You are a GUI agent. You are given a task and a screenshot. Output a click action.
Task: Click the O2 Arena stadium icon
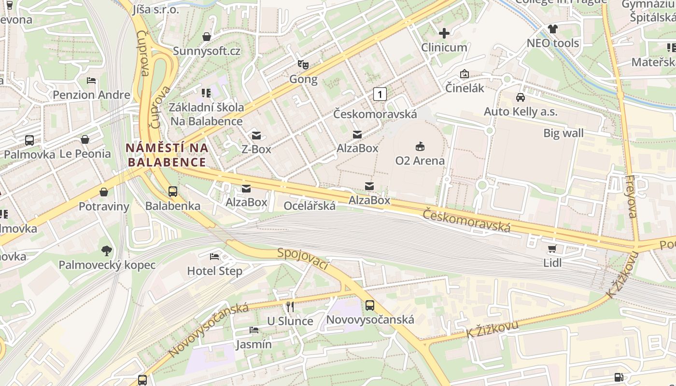420,146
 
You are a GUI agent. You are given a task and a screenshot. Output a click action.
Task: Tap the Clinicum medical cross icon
444,33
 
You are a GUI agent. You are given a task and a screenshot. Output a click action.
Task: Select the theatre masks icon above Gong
303,64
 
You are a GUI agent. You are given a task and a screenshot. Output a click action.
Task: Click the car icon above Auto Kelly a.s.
521,97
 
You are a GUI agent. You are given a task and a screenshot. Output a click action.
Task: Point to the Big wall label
563,133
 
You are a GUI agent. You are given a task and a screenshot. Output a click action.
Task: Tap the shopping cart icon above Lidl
552,248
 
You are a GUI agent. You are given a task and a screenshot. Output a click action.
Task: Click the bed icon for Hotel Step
214,256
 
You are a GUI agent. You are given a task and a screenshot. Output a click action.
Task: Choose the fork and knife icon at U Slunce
290,306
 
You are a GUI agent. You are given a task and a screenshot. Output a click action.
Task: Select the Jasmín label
253,345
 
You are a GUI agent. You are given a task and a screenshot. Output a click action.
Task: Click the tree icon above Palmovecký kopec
107,250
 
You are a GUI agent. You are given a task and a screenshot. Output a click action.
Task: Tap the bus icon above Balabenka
173,191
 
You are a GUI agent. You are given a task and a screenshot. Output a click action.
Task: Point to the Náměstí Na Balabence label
167,154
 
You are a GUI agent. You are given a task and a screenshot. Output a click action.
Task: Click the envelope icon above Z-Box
256,135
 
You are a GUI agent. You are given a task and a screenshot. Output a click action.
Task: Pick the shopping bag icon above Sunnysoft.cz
207,37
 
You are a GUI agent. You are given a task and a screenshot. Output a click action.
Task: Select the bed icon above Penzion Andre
91,80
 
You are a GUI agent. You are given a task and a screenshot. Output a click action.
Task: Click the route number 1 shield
380,94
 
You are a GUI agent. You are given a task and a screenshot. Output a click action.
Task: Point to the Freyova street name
631,196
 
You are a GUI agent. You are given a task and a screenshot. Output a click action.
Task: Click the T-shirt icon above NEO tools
552,29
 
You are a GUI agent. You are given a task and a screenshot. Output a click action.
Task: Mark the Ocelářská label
310,206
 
